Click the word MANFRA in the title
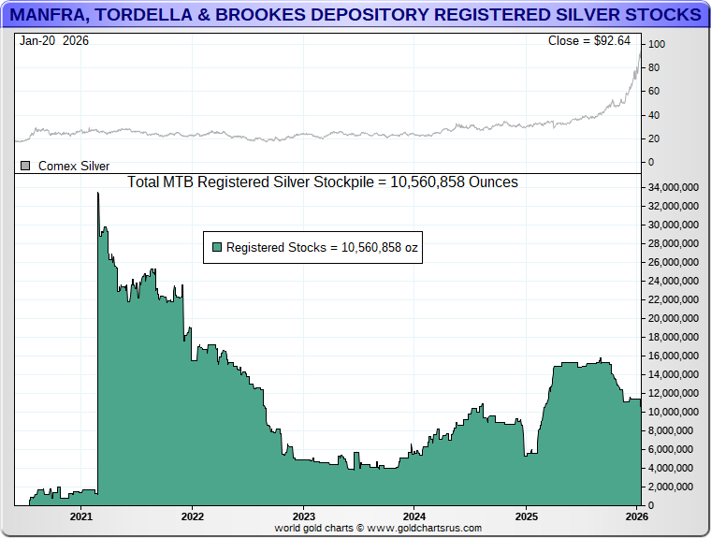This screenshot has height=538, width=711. point(53,15)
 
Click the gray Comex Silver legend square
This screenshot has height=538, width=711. point(25,166)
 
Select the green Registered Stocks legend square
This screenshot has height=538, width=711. point(217,247)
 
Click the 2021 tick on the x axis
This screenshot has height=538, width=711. point(81,516)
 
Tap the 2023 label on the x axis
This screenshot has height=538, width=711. point(303,516)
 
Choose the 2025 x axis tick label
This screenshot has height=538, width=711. point(526,516)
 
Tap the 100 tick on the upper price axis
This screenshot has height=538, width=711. point(657,44)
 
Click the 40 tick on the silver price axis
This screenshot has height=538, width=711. point(654,115)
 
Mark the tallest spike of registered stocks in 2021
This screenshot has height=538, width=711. point(98,194)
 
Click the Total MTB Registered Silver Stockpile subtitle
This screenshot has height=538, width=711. point(322,182)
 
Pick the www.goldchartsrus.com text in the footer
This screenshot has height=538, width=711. point(424,529)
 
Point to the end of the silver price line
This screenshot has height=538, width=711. point(640,52)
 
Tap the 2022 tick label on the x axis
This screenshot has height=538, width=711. point(192,516)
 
